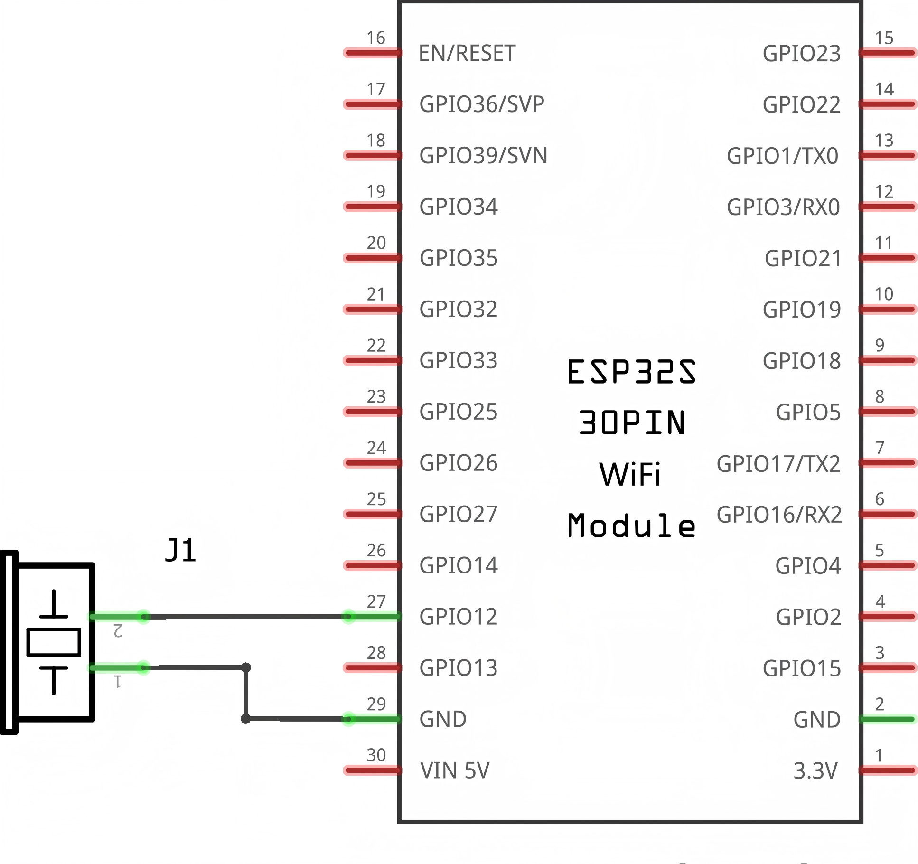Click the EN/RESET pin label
click(467, 53)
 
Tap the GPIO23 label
click(802, 53)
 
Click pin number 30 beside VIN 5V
click(376, 755)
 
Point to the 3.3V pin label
click(815, 770)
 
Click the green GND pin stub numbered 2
click(888, 719)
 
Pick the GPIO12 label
click(459, 617)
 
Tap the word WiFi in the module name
click(630, 474)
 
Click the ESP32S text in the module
click(632, 371)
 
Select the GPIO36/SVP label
click(482, 104)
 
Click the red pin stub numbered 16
click(373, 53)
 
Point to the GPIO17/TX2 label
click(778, 464)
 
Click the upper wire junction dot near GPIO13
click(246, 667)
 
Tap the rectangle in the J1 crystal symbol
click(54, 642)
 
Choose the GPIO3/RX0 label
click(783, 207)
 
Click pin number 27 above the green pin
click(376, 601)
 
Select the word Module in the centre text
click(632, 526)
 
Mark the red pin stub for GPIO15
click(888, 668)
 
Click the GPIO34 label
click(459, 207)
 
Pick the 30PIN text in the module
click(632, 423)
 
